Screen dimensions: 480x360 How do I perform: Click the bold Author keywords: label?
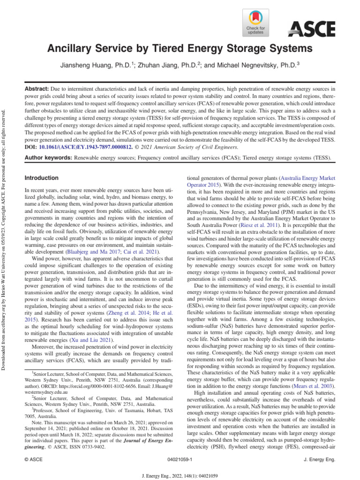pos(48,158)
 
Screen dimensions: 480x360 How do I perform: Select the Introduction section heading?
pos(42,178)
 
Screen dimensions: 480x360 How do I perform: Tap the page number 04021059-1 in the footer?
pos(180,461)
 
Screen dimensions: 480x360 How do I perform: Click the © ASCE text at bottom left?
pos(34,461)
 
